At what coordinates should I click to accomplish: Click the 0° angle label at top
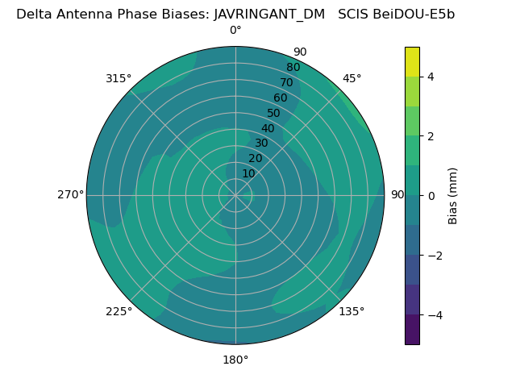[x=235, y=31]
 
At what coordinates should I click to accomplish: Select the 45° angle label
[x=352, y=78]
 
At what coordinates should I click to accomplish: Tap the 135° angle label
[x=352, y=311]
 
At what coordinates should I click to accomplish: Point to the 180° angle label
[x=235, y=360]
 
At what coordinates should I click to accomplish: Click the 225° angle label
[x=119, y=311]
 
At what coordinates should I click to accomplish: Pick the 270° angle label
[x=70, y=194]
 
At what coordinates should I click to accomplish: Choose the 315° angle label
[x=119, y=78]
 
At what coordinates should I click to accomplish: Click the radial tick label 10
[x=248, y=173]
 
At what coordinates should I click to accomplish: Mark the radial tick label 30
[x=261, y=144]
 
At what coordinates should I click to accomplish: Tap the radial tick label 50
[x=273, y=113]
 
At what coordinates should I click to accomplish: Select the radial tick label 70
[x=286, y=82]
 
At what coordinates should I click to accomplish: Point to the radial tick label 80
[x=293, y=68]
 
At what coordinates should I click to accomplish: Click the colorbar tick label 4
[x=431, y=77]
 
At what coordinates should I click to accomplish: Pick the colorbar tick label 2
[x=431, y=136]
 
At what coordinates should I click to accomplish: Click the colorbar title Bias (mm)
[x=453, y=196]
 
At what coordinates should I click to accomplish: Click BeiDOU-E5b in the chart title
[x=419, y=14]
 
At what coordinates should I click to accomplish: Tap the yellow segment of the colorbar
[x=412, y=61]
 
